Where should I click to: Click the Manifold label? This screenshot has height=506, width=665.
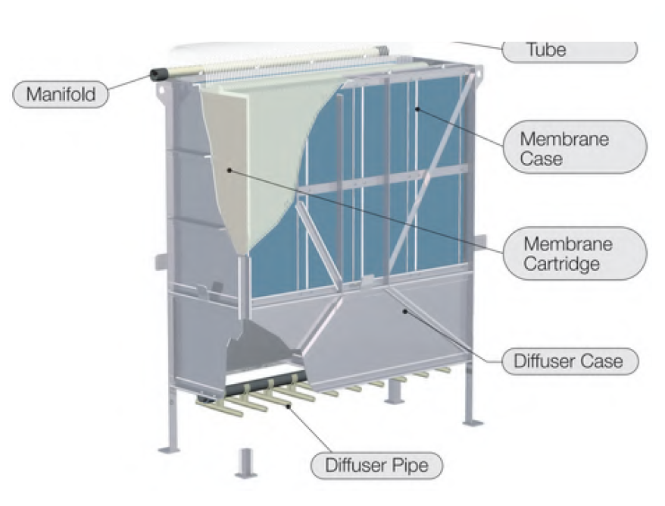click(x=61, y=95)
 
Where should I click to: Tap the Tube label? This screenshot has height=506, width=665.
click(x=569, y=51)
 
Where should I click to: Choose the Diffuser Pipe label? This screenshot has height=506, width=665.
click(x=376, y=464)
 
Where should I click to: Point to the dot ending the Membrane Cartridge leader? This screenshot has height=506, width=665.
click(x=229, y=171)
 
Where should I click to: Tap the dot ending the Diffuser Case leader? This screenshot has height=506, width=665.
click(x=405, y=310)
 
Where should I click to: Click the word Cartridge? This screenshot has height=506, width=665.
click(x=560, y=264)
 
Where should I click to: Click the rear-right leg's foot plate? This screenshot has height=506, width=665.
click(x=472, y=419)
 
